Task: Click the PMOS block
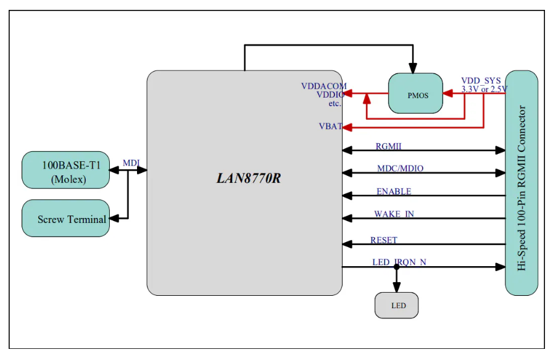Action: pos(415,95)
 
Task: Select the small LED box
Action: pos(396,306)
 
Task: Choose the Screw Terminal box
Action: pos(65,218)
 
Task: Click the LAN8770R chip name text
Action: pos(244,178)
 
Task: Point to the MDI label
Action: pos(131,162)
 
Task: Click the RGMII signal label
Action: pos(389,146)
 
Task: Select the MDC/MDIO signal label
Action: pos(400,169)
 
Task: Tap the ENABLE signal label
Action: pos(393,191)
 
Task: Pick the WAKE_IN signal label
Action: pos(394,214)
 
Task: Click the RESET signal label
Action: pos(383,240)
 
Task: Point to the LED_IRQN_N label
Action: pos(399,262)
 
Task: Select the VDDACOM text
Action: pos(323,86)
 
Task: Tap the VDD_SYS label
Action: pos(481,81)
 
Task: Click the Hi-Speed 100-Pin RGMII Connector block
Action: pos(521,183)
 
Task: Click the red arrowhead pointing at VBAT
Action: pos(346,127)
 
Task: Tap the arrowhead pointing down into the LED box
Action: pos(396,287)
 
